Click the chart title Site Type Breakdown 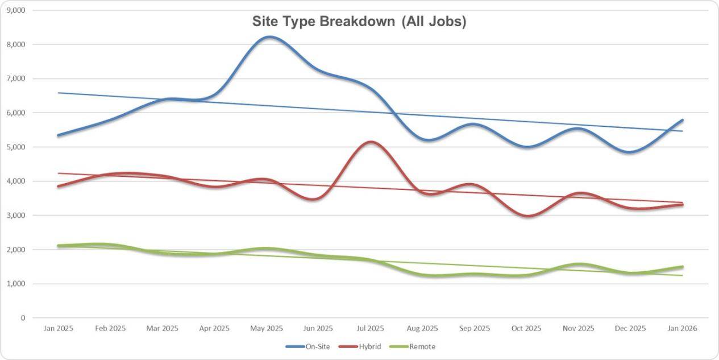pyautogui.click(x=359, y=22)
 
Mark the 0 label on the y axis pyautogui.click(x=23, y=318)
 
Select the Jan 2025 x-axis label pyautogui.click(x=58, y=329)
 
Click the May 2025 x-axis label pyautogui.click(x=267, y=329)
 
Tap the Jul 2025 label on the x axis pyautogui.click(x=371, y=329)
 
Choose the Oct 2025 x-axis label pyautogui.click(x=527, y=329)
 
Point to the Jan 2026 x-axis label pyautogui.click(x=682, y=329)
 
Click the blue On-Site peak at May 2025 pyautogui.click(x=270, y=37)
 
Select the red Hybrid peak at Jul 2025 pyautogui.click(x=371, y=142)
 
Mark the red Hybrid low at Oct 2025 pyautogui.click(x=528, y=216)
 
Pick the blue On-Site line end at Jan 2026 pyautogui.click(x=682, y=120)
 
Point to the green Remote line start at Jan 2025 pyautogui.click(x=59, y=246)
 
